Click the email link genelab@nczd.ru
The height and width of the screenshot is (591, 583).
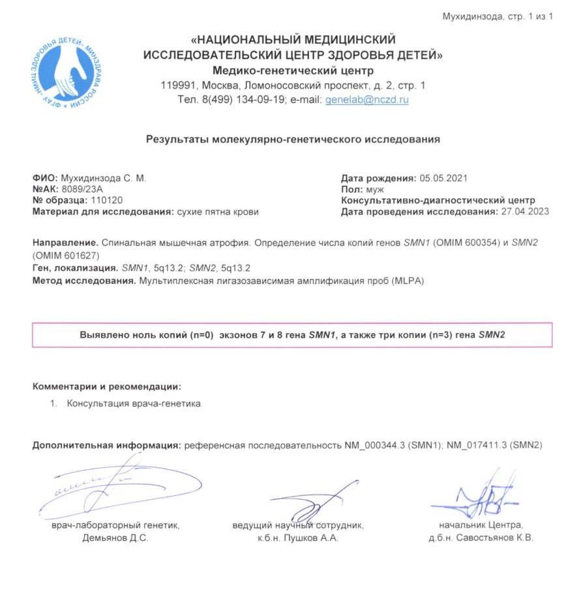pyautogui.click(x=366, y=100)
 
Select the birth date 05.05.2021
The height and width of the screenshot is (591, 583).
pyautogui.click(x=443, y=178)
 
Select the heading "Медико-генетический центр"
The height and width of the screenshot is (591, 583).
pyautogui.click(x=293, y=70)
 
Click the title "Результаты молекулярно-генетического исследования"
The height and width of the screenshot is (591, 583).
pyautogui.click(x=293, y=139)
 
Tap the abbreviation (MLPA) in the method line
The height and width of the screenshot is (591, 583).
pyautogui.click(x=410, y=281)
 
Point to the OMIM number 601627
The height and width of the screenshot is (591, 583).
pyautogui.click(x=69, y=253)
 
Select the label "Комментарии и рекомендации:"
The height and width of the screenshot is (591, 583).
pyautogui.click(x=107, y=386)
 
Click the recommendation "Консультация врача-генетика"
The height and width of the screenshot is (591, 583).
pyautogui.click(x=134, y=403)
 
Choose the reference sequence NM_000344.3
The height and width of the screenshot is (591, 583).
pyautogui.click(x=375, y=445)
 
